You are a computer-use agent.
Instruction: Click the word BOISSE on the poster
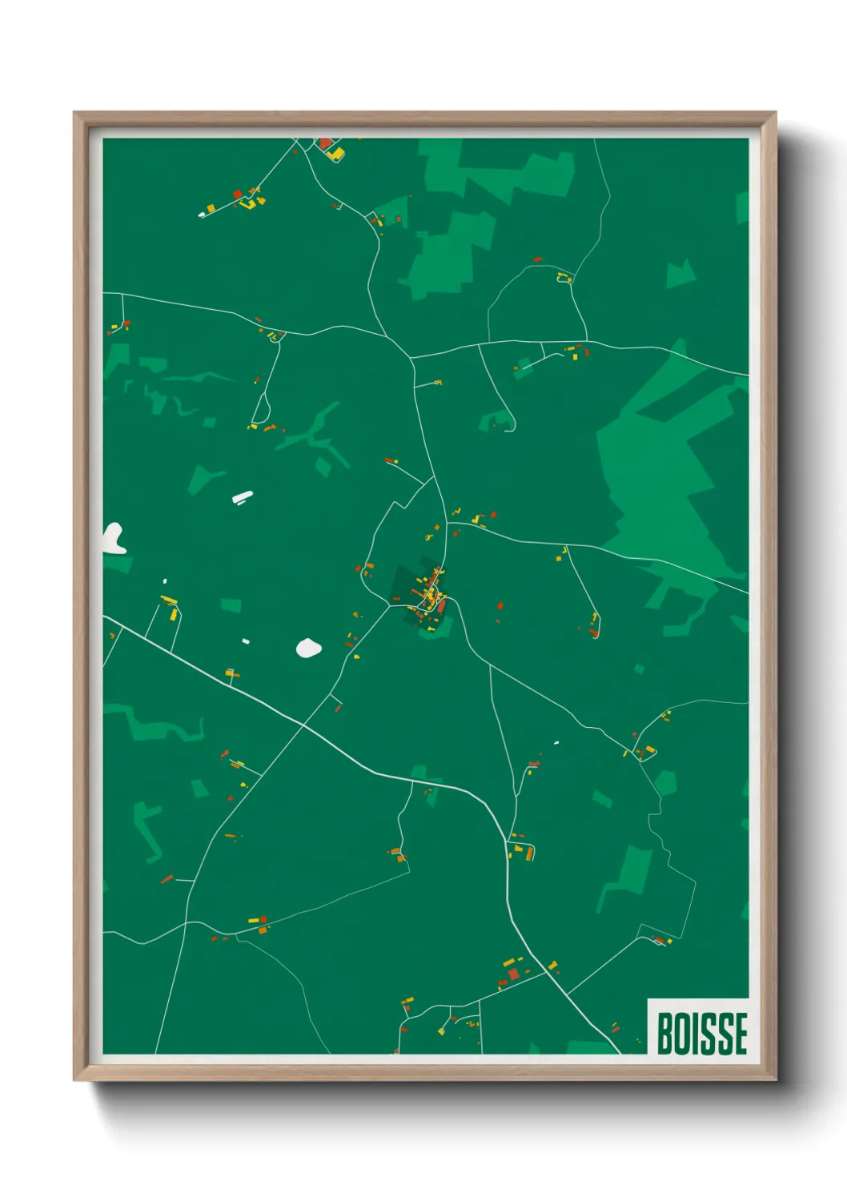pos(702,1033)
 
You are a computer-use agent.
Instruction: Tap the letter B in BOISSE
pos(664,1033)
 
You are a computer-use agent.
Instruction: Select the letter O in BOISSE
pos(681,1033)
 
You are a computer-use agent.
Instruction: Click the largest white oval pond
pos(308,648)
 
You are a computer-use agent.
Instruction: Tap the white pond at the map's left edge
pos(113,538)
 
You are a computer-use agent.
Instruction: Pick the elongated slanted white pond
pos(243,497)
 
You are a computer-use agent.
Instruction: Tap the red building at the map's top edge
pos(326,143)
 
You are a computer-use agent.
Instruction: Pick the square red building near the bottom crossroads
pos(514,974)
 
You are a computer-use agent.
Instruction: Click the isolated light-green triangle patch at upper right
pos(680,274)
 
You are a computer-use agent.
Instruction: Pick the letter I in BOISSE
pos(695,1033)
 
